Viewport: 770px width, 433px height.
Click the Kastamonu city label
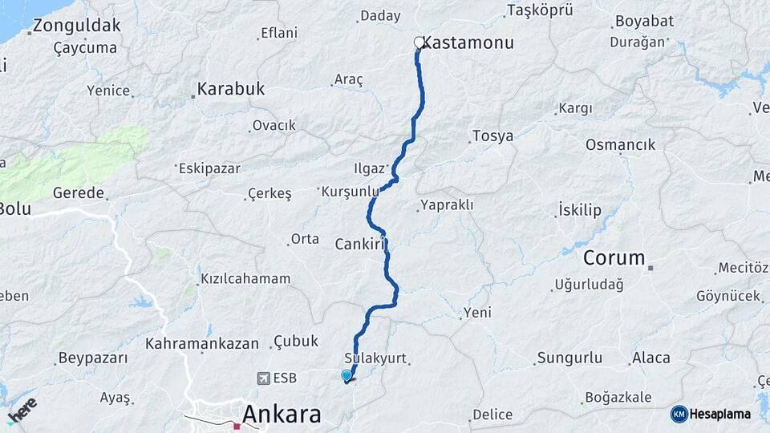[x=468, y=42]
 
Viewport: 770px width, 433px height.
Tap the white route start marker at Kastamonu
[x=418, y=42]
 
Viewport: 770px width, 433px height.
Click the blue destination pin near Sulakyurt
[x=346, y=375]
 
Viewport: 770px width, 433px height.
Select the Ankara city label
[x=281, y=414]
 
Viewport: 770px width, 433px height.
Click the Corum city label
[x=614, y=257]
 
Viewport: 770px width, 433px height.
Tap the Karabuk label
[x=231, y=88]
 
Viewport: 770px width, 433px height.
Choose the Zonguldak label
[x=78, y=26]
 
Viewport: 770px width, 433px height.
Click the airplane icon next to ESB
[x=264, y=378]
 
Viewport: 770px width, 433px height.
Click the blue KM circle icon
[x=679, y=414]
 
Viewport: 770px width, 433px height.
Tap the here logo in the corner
[x=22, y=408]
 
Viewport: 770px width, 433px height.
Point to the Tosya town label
[x=492, y=136]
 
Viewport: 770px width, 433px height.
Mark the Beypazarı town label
[x=93, y=358]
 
